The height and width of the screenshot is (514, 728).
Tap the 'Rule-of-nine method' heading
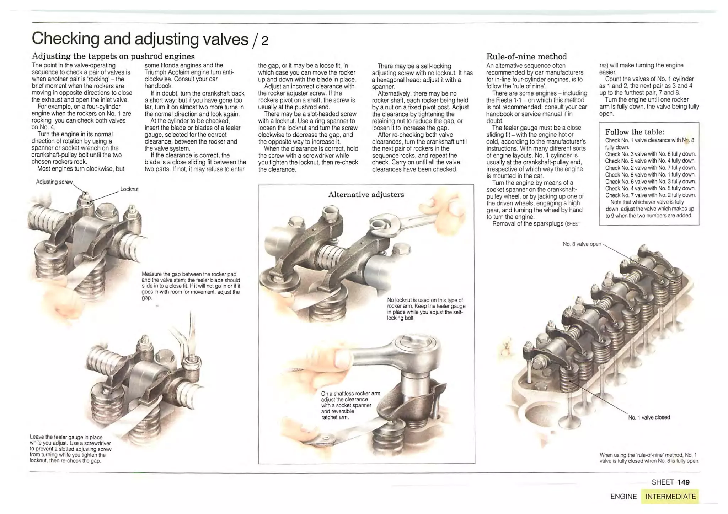click(x=526, y=56)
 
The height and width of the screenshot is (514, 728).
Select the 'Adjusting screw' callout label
click(x=54, y=182)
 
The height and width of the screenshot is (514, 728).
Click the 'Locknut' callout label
click(x=129, y=189)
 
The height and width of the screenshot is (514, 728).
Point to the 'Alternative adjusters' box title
click(x=366, y=195)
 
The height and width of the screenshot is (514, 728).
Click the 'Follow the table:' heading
click(x=635, y=132)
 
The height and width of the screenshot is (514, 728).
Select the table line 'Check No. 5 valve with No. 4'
click(x=650, y=161)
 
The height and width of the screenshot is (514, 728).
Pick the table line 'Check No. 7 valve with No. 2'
click(x=650, y=195)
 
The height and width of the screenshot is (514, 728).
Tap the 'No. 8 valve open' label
click(x=582, y=244)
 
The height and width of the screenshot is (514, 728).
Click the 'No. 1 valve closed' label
click(x=649, y=417)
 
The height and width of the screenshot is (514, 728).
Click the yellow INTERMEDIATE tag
click(x=670, y=497)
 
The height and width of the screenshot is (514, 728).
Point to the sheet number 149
click(x=683, y=482)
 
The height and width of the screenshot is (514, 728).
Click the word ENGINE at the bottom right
click(x=623, y=497)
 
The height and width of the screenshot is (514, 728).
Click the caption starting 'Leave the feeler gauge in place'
click(x=70, y=449)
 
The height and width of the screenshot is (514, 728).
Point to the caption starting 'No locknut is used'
click(x=426, y=309)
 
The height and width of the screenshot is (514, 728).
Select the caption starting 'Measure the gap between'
click(x=191, y=286)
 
